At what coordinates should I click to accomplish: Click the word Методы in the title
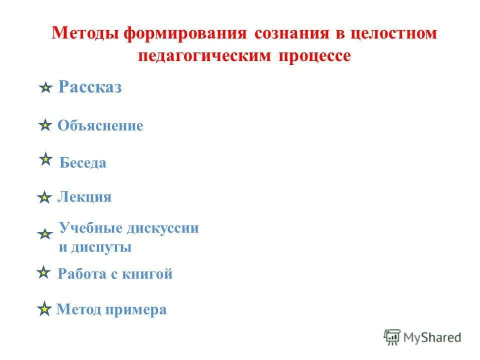85,34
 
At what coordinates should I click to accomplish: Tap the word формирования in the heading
185,34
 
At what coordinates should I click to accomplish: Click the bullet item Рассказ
90,87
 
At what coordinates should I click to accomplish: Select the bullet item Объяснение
100,125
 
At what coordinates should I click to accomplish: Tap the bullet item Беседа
82,163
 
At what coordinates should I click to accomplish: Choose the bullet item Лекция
84,197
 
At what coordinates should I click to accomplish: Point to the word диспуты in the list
106,247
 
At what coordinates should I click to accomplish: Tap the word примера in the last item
136,310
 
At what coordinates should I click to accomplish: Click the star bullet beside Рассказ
45,88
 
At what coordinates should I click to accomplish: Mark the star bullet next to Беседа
45,159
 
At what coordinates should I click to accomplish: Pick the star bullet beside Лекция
44,198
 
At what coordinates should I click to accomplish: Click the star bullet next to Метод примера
44,310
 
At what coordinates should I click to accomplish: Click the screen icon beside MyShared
392,337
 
